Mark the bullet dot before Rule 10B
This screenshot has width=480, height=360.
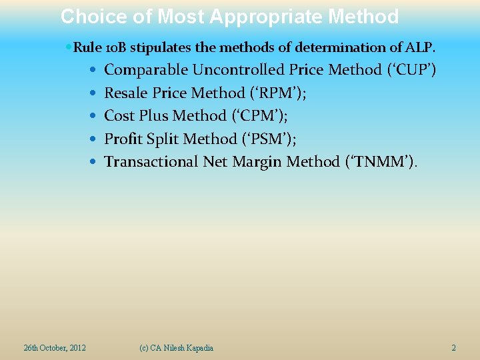pyautogui.click(x=69, y=48)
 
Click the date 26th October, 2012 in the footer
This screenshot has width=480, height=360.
pyautogui.click(x=55, y=348)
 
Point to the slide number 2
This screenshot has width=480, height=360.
pyautogui.click(x=453, y=348)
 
